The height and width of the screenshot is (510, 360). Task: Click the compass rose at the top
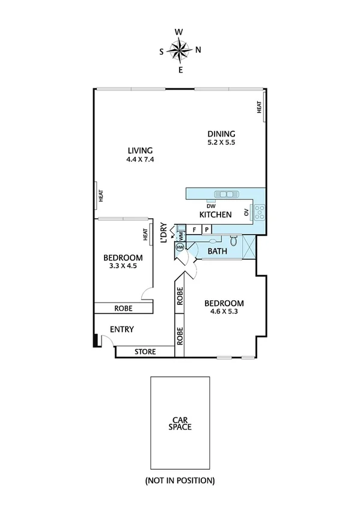click(180, 50)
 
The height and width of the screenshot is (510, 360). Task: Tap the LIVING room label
click(139, 150)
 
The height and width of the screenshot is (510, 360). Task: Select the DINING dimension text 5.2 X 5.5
click(221, 143)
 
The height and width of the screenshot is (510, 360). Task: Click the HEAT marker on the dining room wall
click(260, 107)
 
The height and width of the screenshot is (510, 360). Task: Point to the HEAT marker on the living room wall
click(101, 195)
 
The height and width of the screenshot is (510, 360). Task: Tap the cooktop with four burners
click(260, 212)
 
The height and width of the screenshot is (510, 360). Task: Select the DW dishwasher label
click(212, 204)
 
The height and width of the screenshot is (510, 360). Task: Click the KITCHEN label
click(216, 215)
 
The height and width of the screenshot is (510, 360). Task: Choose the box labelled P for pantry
click(206, 229)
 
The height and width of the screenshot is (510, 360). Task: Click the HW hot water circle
click(180, 247)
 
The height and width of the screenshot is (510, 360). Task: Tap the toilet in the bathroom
click(236, 243)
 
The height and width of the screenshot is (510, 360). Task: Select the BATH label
click(217, 251)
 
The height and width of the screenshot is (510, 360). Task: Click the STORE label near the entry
click(145, 352)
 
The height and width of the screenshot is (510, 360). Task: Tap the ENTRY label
click(121, 330)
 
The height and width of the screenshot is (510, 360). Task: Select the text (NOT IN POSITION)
click(180, 481)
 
